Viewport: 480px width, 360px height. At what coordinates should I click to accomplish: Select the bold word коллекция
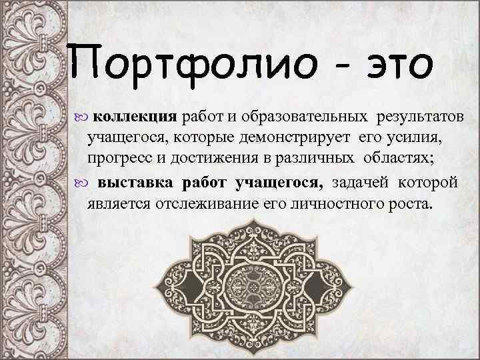pos(135,117)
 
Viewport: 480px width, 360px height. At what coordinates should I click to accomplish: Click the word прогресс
pos(116,159)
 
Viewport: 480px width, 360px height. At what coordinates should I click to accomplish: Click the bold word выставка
pos(135,182)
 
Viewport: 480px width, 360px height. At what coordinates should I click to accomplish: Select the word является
pos(115,203)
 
